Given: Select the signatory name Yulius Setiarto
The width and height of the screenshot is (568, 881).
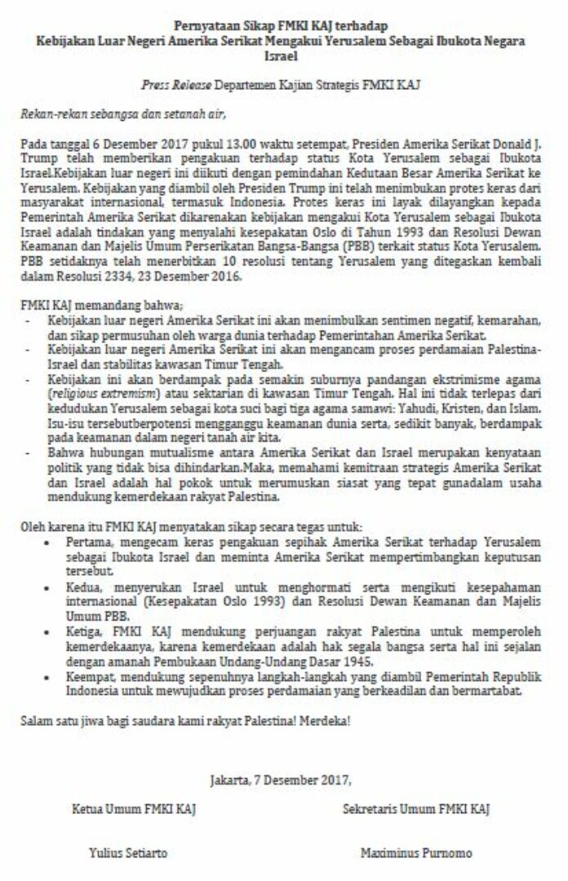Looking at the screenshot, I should [128, 852].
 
